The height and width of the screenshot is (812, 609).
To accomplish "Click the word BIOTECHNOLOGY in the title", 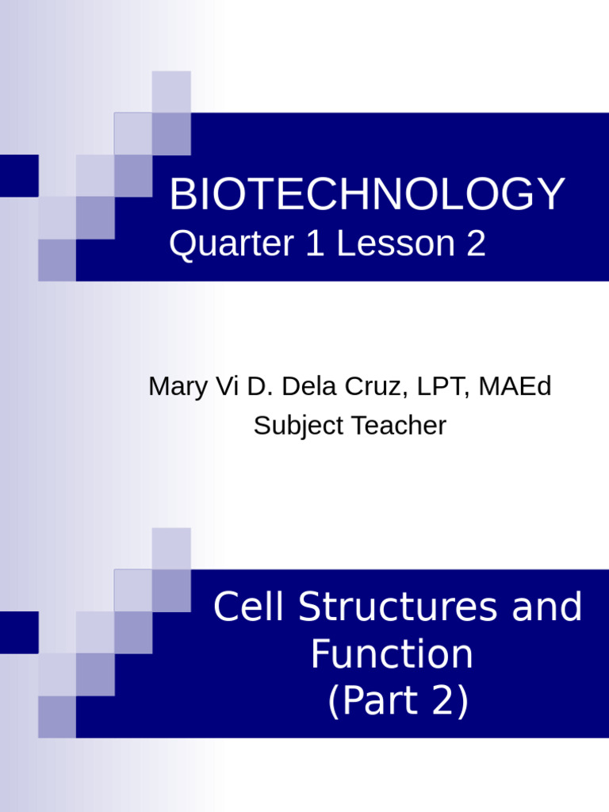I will point(366,195).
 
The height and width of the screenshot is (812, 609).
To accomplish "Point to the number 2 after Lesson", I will point(476,244).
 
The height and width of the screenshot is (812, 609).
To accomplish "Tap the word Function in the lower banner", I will point(392,655).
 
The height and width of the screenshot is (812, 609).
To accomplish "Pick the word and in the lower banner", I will point(547,607).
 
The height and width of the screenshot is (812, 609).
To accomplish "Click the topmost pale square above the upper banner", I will point(171,91).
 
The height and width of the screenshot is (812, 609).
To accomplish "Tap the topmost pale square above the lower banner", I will point(171,548).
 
